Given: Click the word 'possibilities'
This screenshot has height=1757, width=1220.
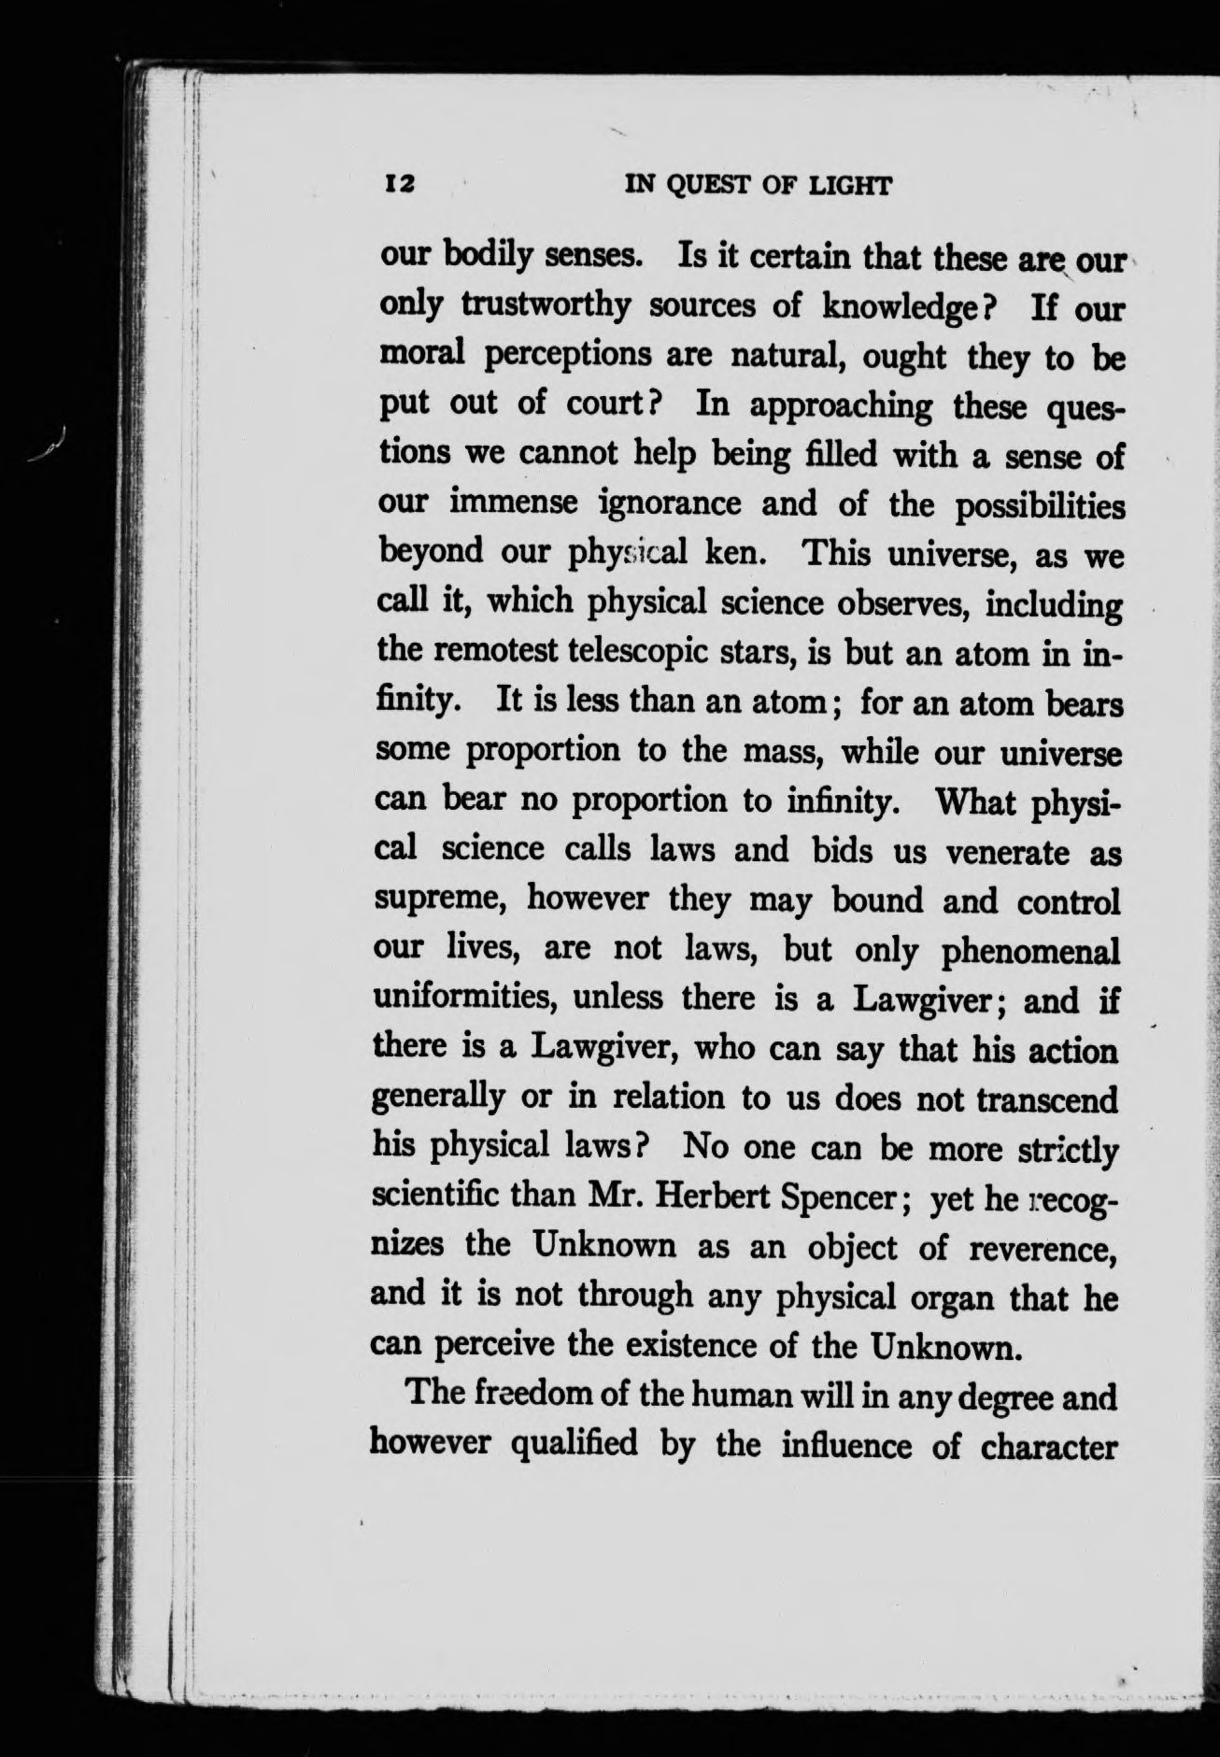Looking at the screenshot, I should coord(1038,504).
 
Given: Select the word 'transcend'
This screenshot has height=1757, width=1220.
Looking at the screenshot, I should coord(1046,1099).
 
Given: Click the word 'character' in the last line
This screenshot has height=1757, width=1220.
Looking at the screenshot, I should coord(1049,1444).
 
